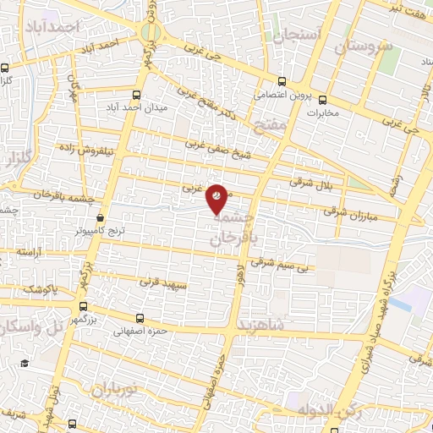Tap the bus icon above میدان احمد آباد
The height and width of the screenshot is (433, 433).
[138, 96]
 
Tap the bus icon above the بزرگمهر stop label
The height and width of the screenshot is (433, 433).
[83, 309]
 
